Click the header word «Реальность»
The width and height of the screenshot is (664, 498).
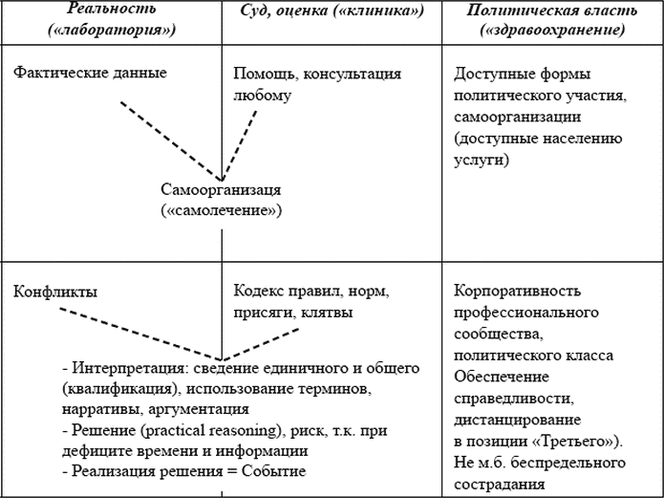click(112, 9)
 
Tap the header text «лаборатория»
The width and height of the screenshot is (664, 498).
click(112, 30)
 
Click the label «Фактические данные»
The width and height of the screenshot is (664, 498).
click(90, 73)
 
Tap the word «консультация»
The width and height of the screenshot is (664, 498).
click(353, 74)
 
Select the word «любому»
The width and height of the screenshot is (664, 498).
click(263, 95)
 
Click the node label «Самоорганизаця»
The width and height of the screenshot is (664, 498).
click(221, 190)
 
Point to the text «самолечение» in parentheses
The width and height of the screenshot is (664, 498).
click(222, 210)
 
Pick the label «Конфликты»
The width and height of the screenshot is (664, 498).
click(55, 292)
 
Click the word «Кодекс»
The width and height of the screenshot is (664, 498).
click(258, 292)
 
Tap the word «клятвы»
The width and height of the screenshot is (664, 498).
click(327, 313)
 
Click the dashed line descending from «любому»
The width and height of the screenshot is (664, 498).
click(239, 146)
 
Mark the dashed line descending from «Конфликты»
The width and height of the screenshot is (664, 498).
click(140, 335)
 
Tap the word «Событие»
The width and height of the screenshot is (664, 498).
click(273, 471)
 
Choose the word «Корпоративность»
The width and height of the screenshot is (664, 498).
click(518, 292)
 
